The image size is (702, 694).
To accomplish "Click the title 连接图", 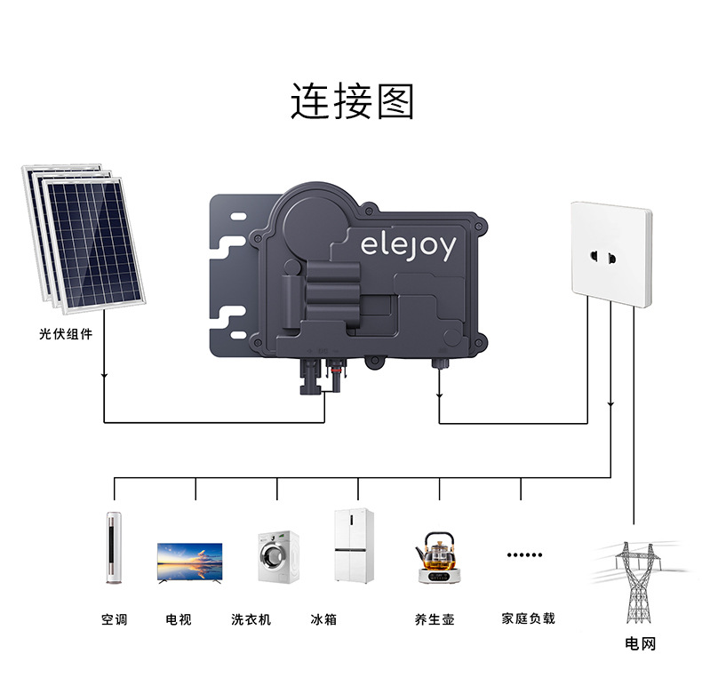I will tap(353, 100).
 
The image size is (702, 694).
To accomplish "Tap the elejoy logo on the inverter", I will tap(408, 246).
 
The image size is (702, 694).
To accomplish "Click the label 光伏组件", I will tap(66, 335).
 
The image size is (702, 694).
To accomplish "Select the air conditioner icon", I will tap(113, 546).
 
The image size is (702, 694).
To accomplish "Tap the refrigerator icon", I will tap(354, 546).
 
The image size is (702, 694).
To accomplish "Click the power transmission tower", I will tap(637, 582).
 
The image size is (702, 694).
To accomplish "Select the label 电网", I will tap(640, 643).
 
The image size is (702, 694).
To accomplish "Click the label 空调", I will tap(114, 619).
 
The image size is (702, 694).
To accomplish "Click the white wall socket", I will tap(610, 253).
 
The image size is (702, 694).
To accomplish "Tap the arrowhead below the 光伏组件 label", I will tap(105, 375).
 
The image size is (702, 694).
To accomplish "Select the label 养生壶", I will tap(435, 619).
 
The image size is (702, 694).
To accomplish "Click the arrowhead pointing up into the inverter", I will tap(440, 395).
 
